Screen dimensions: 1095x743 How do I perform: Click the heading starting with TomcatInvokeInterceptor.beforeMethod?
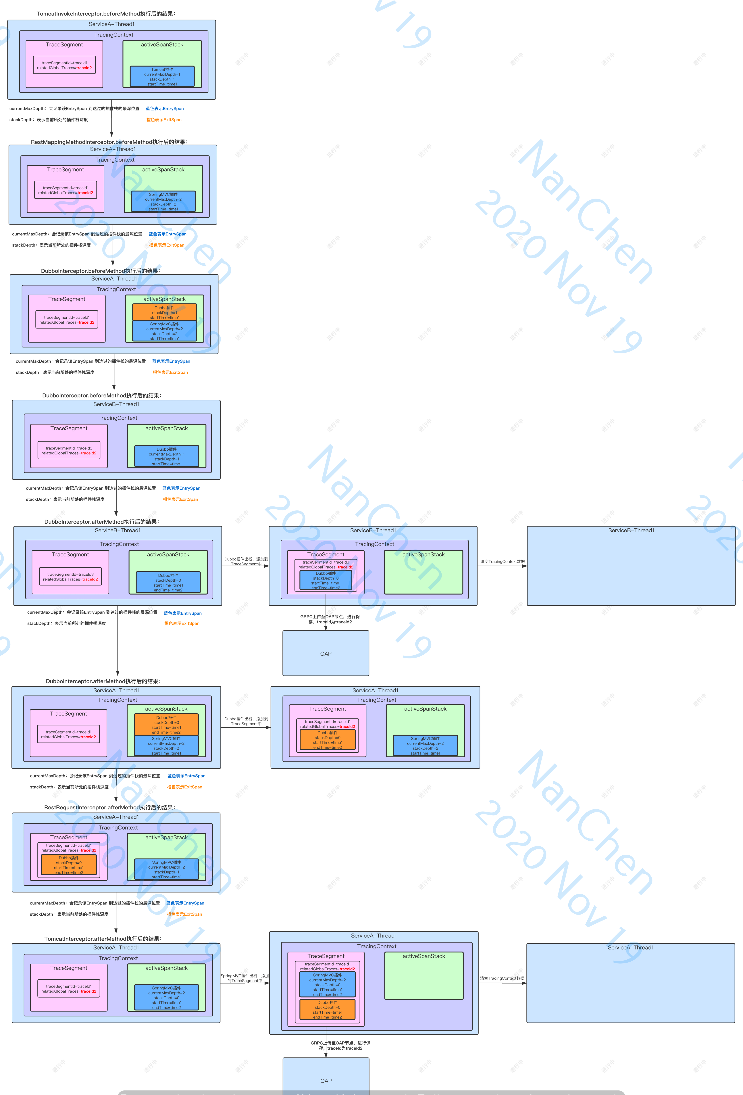point(106,14)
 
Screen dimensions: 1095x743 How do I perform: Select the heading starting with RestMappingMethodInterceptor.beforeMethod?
point(109,142)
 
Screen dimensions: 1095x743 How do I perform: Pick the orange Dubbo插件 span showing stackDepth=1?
point(164,312)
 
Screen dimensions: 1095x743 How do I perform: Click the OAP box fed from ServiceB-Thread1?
point(326,654)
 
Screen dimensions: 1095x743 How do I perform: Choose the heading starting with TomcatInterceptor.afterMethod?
point(103,939)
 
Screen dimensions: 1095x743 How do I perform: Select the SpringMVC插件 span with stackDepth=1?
point(166,869)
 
